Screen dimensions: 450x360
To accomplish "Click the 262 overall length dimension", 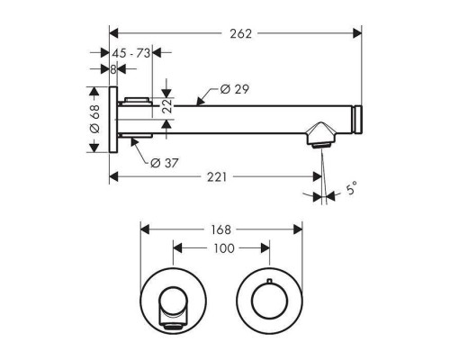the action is point(240,33).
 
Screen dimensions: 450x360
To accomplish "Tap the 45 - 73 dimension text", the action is point(130,53).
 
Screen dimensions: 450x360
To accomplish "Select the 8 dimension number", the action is point(112,69).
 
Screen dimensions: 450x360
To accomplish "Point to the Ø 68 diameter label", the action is point(94,119).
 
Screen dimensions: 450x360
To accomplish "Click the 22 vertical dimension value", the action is point(167,105).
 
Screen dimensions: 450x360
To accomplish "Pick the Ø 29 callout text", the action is point(234,89).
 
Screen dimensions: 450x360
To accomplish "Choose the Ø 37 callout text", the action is point(165,163).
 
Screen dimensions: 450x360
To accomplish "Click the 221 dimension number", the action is point(217,177).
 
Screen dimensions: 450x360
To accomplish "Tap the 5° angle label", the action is point(351,189).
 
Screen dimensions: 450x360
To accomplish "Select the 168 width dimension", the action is point(220,229).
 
